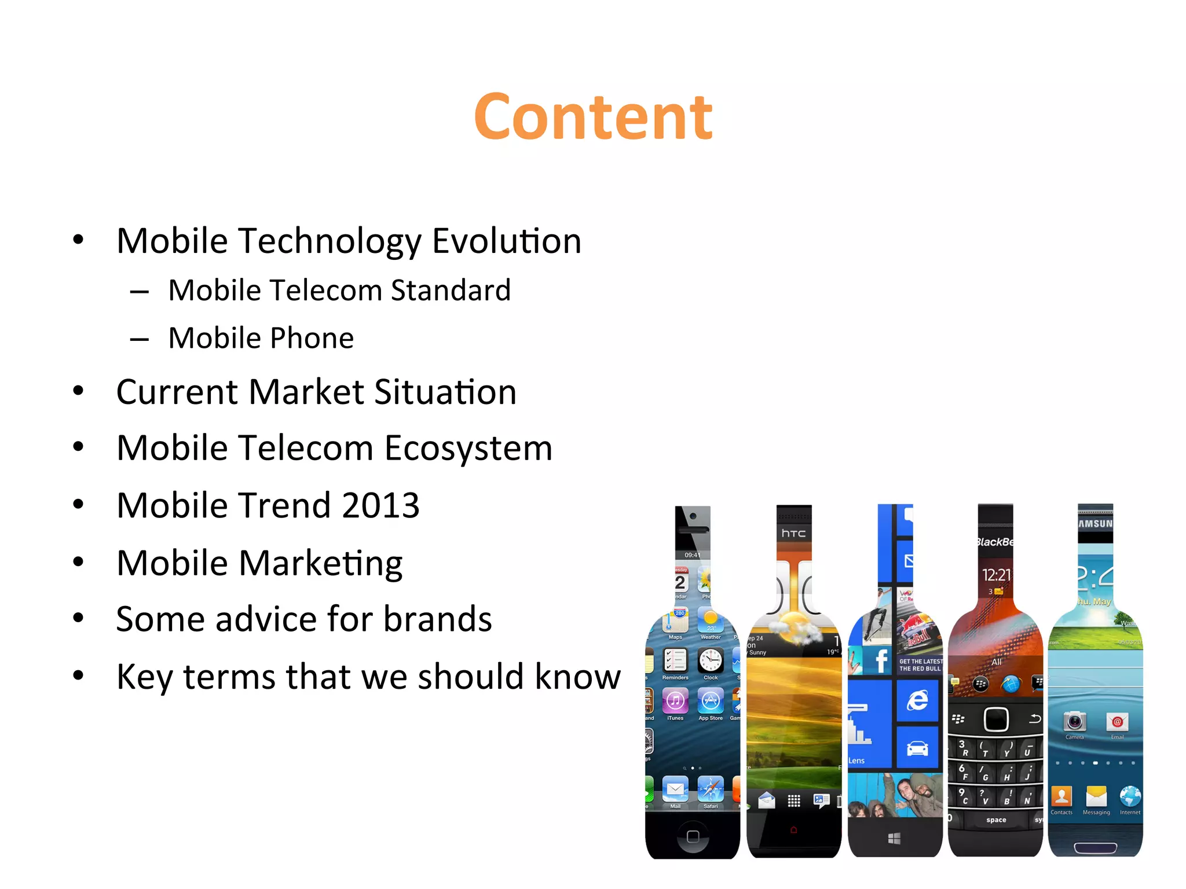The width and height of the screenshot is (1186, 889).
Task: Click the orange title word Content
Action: [x=593, y=117]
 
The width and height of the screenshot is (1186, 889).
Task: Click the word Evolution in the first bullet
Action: [x=507, y=241]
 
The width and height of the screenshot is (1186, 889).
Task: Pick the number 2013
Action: [x=380, y=505]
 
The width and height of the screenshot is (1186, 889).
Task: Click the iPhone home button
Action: [x=693, y=836]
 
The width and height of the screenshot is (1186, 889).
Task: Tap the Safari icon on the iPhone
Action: [x=711, y=789]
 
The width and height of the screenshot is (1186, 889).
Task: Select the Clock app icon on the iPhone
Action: [x=711, y=660]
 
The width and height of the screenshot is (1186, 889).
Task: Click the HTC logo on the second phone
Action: [x=793, y=533]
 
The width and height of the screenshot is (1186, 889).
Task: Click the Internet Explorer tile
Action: [x=917, y=701]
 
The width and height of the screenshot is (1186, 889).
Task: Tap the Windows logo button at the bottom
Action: [x=895, y=838]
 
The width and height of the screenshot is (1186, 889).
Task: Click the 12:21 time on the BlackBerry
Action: [x=996, y=575]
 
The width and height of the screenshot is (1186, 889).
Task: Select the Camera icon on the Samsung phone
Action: [x=1074, y=722]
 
